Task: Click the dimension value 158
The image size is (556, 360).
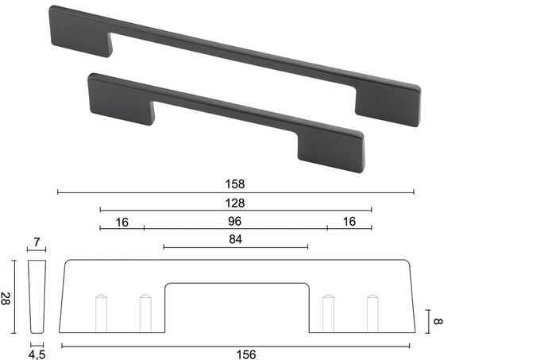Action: [x=235, y=184]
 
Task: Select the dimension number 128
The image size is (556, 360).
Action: [x=235, y=203]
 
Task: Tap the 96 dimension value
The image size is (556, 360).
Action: [x=235, y=221]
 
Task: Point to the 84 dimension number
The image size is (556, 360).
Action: [x=235, y=239]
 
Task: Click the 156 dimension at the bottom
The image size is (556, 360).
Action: [x=246, y=354]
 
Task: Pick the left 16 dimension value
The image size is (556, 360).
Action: [x=122, y=223]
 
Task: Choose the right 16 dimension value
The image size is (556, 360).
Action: [x=349, y=222]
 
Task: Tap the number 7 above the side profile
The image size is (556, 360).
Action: [x=37, y=242]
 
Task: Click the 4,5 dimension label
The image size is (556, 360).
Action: [x=37, y=354]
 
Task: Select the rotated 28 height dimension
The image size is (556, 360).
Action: [x=6, y=299]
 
